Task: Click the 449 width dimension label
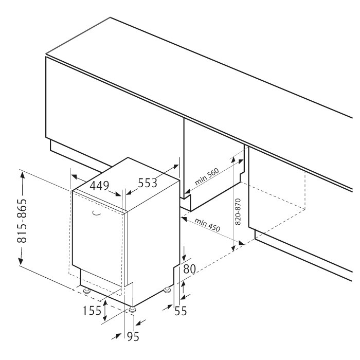click(99, 186)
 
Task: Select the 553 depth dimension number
click(148, 183)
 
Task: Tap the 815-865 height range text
click(22, 221)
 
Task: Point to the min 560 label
click(207, 176)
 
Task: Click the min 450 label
click(207, 225)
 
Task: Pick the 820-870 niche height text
click(238, 211)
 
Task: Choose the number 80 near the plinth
click(189, 269)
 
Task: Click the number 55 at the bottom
click(181, 311)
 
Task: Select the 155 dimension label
click(92, 311)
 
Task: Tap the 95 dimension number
click(133, 336)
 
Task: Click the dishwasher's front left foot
click(87, 291)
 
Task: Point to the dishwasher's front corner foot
click(132, 310)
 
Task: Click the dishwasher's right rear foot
click(167, 290)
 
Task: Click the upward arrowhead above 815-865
click(22, 176)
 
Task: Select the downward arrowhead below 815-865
click(21, 260)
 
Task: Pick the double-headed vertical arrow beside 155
click(105, 311)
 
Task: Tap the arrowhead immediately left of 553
click(129, 192)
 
